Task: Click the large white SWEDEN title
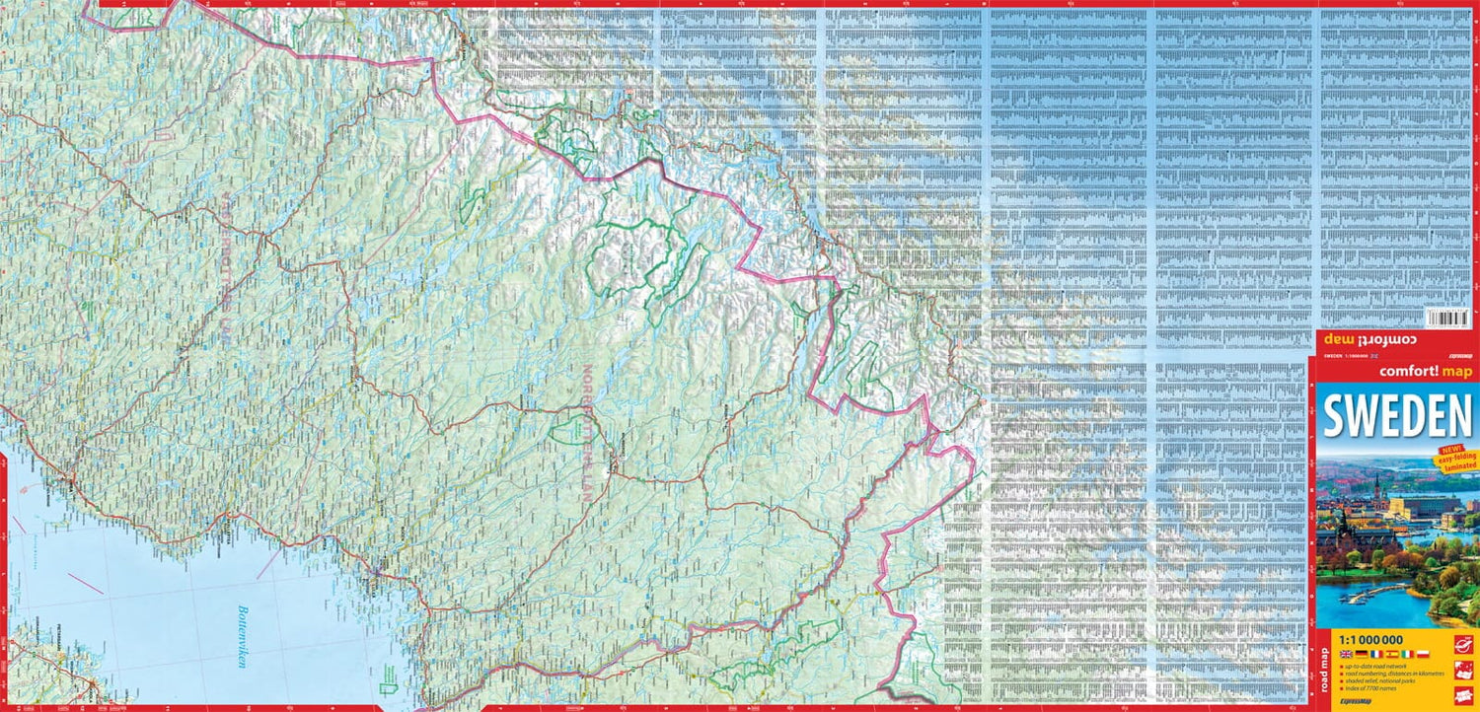1396,417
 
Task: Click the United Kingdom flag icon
1347,654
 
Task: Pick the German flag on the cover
1361,654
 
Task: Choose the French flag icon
1375,654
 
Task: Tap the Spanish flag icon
1392,654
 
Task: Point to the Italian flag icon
1407,654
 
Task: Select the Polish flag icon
1423,654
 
